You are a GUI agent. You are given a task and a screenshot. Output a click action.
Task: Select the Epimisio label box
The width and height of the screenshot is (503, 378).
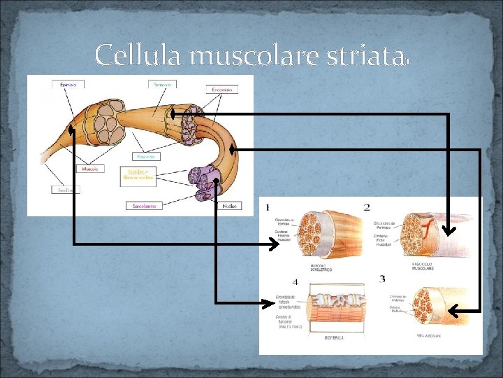tap(68, 85)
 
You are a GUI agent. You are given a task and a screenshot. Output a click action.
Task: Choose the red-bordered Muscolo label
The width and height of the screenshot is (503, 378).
tap(89, 169)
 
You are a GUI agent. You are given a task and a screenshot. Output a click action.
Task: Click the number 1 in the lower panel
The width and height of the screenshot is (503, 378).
tap(267, 207)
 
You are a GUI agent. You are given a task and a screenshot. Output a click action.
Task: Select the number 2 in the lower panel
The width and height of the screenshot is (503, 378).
tap(367, 207)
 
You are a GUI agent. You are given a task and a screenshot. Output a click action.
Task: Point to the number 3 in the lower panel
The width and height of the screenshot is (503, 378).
tap(381, 280)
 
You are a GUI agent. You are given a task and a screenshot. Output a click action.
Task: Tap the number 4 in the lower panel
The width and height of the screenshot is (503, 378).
tap(295, 282)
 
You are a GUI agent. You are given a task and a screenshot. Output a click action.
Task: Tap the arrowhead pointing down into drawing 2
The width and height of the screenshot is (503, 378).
tap(448, 229)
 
